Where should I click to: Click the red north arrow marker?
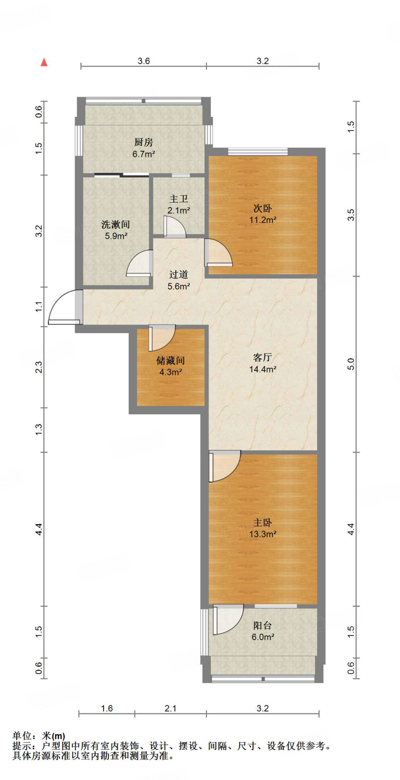pos(44,62)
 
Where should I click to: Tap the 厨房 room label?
pos(143,142)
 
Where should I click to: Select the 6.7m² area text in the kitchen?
pos(143,154)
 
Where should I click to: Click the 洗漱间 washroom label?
pos(116,224)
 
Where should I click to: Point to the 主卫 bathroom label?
pos(178,199)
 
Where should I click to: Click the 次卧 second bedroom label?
pos(263,208)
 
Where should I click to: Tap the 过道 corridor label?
pos(178,275)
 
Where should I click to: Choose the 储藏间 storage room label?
pos(171,360)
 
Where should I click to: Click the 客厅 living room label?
pos(263,357)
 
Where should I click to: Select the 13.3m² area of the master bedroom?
pos(263,534)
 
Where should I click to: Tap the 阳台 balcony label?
pos(263,625)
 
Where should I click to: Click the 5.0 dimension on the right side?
pos(351,364)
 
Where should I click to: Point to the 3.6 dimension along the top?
pos(144,61)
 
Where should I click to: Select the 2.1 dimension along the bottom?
pos(171,708)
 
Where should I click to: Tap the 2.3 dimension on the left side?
pos(39,367)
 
